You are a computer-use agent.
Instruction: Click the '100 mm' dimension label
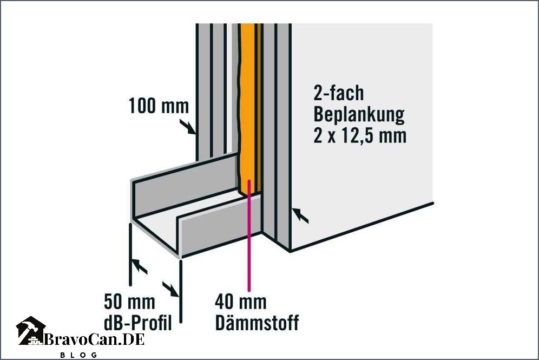pyautogui.click(x=159, y=106)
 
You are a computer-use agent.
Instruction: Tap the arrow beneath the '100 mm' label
pyautogui.click(x=188, y=127)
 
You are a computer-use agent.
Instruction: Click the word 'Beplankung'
pyautogui.click(x=359, y=115)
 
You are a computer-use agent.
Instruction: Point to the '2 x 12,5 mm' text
pyautogui.click(x=360, y=136)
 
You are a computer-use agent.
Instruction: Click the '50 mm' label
pyautogui.click(x=129, y=302)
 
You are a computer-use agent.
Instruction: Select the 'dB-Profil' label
pyautogui.click(x=138, y=323)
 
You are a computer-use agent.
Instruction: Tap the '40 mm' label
pyautogui.click(x=241, y=302)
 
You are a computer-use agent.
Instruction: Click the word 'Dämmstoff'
pyautogui.click(x=257, y=323)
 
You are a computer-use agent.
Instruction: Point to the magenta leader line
pyautogui.click(x=249, y=235)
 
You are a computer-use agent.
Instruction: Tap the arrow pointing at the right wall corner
pyautogui.click(x=300, y=215)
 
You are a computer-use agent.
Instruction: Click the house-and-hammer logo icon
pyautogui.click(x=31, y=331)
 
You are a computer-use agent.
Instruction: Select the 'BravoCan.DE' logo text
pyautogui.click(x=94, y=340)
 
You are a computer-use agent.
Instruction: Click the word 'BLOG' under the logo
pyautogui.click(x=78, y=355)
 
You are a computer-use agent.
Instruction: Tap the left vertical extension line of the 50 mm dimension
pyautogui.click(x=130, y=254)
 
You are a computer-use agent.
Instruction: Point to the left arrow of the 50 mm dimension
pyautogui.click(x=140, y=266)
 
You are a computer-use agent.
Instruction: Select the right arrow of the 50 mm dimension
pyautogui.click(x=170, y=290)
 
